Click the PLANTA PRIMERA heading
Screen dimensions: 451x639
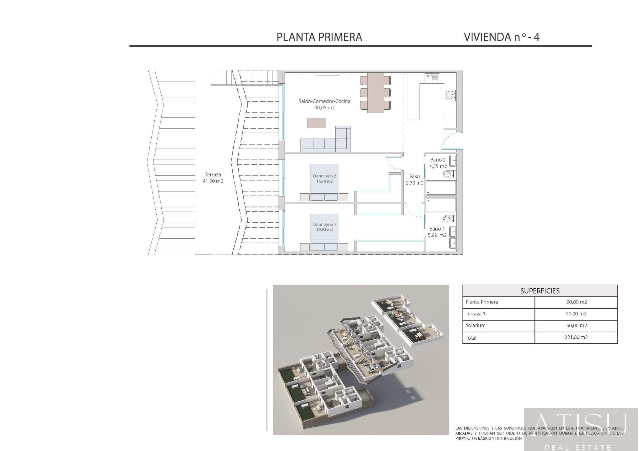pyautogui.click(x=319, y=37)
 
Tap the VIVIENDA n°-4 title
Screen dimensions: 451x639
pyautogui.click(x=502, y=37)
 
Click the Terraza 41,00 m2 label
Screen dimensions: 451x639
pyautogui.click(x=213, y=178)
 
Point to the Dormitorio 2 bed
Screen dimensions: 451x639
pyautogui.click(x=324, y=182)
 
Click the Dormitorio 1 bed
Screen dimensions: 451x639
pyautogui.click(x=324, y=232)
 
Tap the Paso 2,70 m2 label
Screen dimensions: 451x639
pyautogui.click(x=414, y=179)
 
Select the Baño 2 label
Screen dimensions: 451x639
pyautogui.click(x=438, y=160)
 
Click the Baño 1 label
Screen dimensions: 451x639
pyautogui.click(x=437, y=229)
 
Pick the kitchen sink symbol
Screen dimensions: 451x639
pyautogui.click(x=432, y=78)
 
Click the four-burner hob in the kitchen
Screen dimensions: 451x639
pyautogui.click(x=450, y=95)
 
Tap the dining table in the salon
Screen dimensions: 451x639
pyautogui.click(x=375, y=93)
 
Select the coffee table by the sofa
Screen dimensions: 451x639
pyautogui.click(x=317, y=123)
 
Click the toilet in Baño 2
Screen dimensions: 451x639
pyautogui.click(x=448, y=174)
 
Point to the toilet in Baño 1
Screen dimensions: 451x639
pyautogui.click(x=448, y=218)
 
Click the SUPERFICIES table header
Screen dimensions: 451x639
pyautogui.click(x=540, y=291)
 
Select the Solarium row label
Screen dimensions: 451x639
pyautogui.click(x=476, y=325)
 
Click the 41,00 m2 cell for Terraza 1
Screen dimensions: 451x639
pyautogui.click(x=576, y=314)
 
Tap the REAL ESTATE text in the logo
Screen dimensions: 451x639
pyautogui.click(x=581, y=447)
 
